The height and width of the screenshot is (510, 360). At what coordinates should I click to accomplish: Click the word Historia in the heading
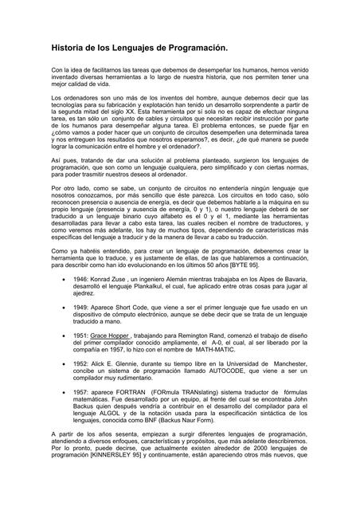pos(66,49)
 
